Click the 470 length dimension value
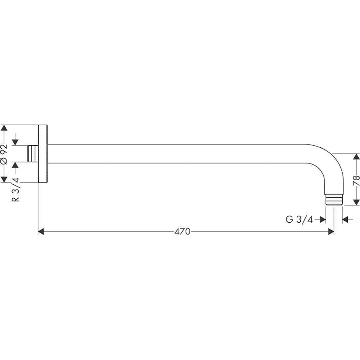183,232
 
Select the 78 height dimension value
356,180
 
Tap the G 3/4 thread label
299,220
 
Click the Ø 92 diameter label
4,154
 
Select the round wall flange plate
43,154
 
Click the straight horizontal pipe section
174,153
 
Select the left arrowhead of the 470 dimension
42,232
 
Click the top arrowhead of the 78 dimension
356,157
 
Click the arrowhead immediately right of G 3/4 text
323,220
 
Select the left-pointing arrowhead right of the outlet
345,220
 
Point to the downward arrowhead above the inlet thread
16,142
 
